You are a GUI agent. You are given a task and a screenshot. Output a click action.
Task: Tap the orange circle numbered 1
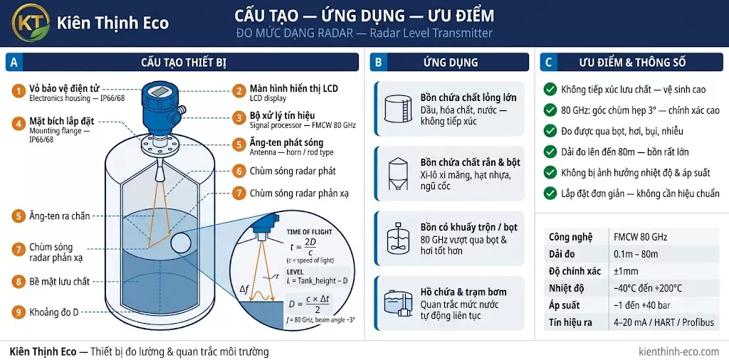[19, 92]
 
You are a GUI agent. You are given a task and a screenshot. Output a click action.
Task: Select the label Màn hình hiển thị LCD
[293, 89]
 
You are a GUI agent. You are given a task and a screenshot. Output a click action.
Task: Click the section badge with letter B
[379, 62]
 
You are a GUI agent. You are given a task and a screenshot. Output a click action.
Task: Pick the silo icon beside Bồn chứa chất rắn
[398, 174]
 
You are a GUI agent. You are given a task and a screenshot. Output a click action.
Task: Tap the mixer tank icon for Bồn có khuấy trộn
[398, 238]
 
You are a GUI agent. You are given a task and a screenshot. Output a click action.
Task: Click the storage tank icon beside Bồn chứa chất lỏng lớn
[398, 109]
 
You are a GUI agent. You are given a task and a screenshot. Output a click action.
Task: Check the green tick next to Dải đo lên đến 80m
[550, 152]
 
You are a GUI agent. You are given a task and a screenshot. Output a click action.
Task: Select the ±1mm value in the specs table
[626, 271]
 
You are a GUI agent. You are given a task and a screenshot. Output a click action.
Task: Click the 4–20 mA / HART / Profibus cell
[664, 322]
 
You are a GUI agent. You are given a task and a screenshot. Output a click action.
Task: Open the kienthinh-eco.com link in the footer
[678, 351]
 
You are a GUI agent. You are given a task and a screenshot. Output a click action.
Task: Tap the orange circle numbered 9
[19, 312]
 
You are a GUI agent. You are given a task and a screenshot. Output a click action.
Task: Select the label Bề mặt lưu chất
[59, 281]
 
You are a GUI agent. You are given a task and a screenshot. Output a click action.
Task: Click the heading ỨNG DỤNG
[451, 62]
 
